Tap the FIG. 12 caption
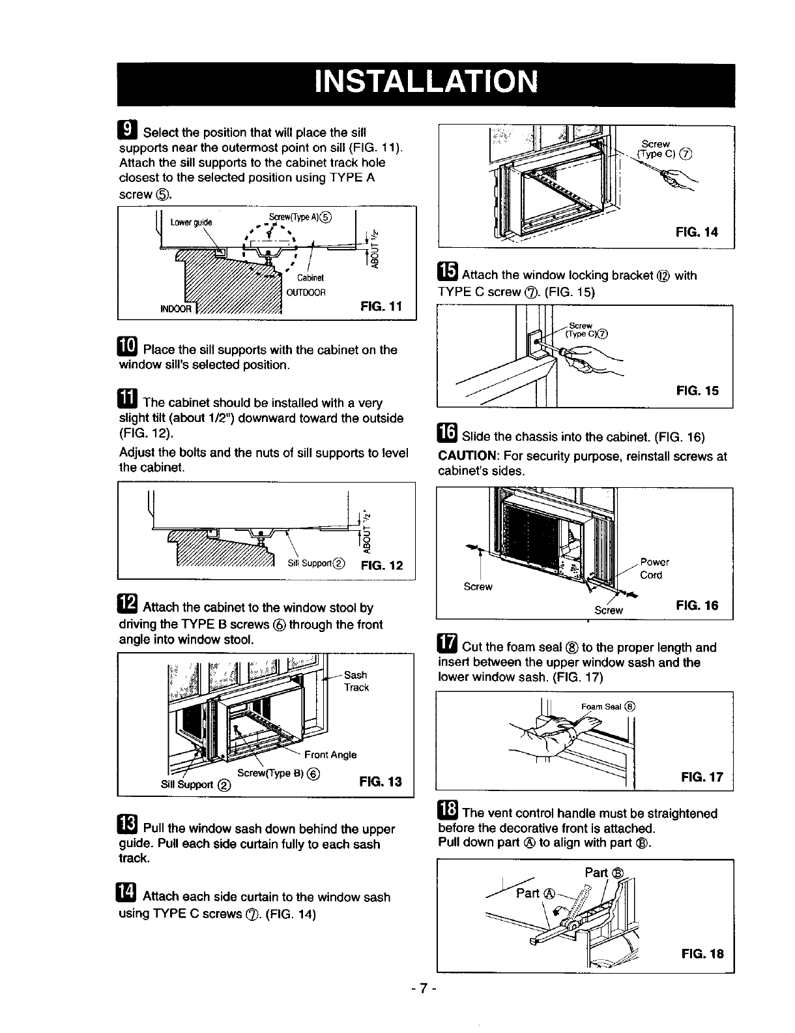pos(383,565)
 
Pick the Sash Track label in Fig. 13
pos(356,681)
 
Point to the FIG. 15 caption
pos(697,391)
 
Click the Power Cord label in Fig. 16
pos(654,569)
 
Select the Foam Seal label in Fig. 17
pos(607,706)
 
